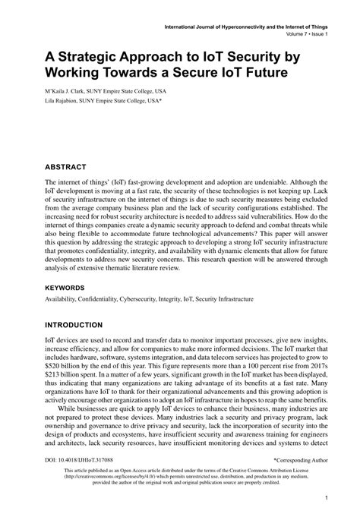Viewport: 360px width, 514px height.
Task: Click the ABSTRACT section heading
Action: (65, 166)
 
